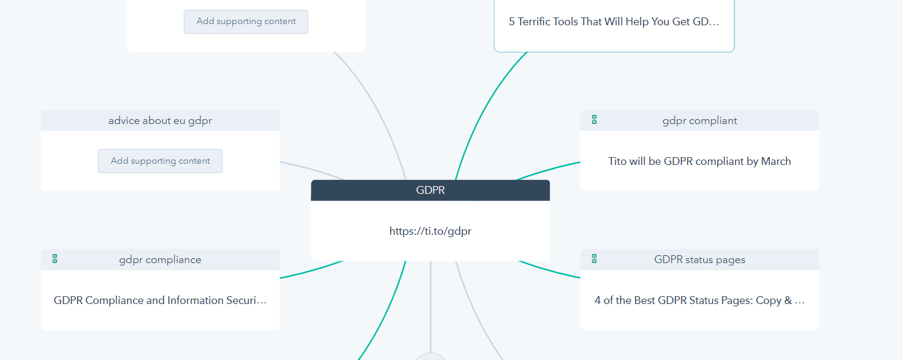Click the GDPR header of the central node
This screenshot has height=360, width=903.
point(430,190)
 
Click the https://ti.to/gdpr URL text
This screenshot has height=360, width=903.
point(430,231)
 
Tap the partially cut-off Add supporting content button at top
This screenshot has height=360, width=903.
point(246,21)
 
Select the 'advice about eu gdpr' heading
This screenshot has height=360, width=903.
point(160,120)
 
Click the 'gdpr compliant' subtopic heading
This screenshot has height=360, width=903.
point(700,120)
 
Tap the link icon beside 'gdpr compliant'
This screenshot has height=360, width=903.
point(594,120)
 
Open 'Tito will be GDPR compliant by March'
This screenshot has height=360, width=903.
point(700,161)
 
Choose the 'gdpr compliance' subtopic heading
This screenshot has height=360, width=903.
point(160,259)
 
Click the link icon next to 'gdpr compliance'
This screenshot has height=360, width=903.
point(55,259)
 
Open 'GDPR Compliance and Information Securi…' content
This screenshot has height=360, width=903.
point(160,300)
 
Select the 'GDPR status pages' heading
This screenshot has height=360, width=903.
point(700,259)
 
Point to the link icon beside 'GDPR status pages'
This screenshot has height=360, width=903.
point(594,259)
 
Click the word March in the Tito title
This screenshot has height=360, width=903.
point(776,161)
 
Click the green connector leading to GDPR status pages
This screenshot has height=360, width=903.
point(548,270)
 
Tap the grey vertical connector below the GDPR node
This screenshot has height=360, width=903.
point(430,306)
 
